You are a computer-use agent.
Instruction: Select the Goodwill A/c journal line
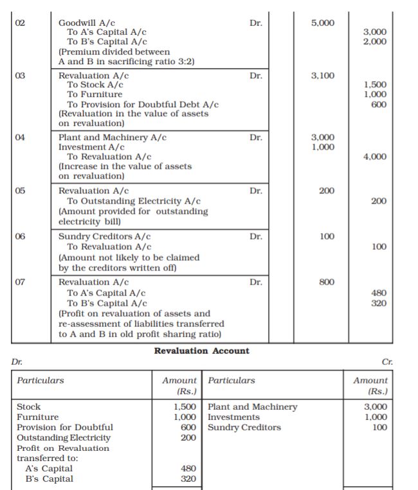click(x=87, y=23)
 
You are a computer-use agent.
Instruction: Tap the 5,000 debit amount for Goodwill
click(x=322, y=23)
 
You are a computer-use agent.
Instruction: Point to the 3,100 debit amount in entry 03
click(x=322, y=76)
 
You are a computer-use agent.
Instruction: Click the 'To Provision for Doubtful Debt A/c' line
click(x=143, y=104)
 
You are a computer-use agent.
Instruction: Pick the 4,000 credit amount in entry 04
click(x=375, y=157)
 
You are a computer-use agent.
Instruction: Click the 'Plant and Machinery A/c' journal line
click(x=106, y=137)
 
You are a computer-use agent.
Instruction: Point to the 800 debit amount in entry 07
click(x=327, y=282)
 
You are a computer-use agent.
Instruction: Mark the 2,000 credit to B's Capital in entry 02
click(x=375, y=42)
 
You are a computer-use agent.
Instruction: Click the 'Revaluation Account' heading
click(x=201, y=351)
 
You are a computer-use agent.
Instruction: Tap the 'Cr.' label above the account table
click(x=387, y=362)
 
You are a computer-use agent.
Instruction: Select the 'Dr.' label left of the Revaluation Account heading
click(x=17, y=362)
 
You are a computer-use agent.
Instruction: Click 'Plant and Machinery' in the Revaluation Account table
click(x=252, y=407)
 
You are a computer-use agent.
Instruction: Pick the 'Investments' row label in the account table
click(x=230, y=417)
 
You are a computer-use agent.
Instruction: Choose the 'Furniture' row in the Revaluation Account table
click(x=37, y=417)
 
